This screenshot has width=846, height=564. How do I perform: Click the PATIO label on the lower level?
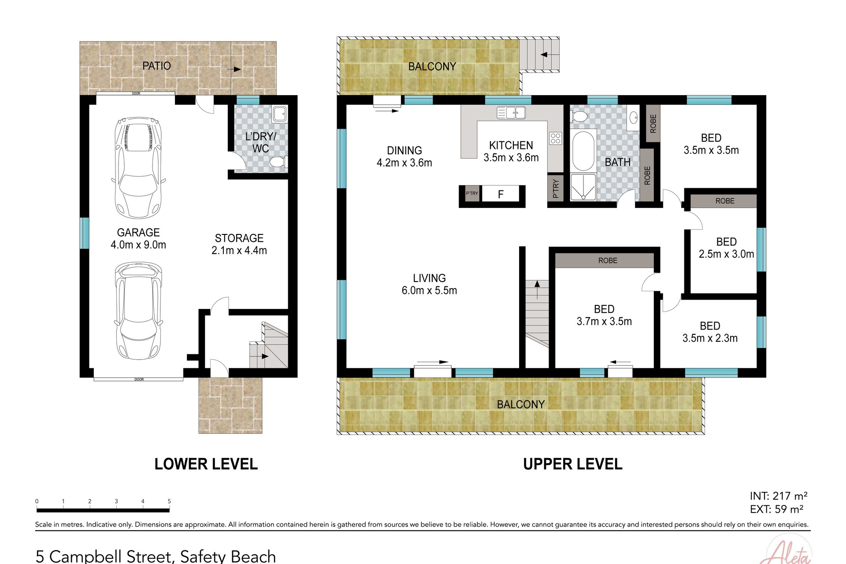(x=156, y=66)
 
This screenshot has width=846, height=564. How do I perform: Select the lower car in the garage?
(x=138, y=311)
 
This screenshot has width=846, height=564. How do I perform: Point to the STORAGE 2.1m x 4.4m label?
(x=239, y=244)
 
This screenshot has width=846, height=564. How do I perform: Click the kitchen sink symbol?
(x=511, y=113)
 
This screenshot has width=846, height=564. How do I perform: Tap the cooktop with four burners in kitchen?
(x=555, y=138)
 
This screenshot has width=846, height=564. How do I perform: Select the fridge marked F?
(x=501, y=194)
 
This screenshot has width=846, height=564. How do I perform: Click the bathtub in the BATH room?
(x=583, y=151)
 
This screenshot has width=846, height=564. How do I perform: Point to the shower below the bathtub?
(x=583, y=187)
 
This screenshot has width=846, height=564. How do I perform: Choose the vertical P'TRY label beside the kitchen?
(x=556, y=189)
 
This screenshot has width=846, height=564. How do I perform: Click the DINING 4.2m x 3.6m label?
(x=404, y=156)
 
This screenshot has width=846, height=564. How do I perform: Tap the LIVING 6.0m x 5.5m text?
(x=429, y=284)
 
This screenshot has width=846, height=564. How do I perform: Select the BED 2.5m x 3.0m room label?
(x=726, y=248)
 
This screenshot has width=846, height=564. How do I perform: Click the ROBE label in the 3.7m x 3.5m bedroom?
(x=608, y=260)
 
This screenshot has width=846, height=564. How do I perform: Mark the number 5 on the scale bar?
(x=169, y=501)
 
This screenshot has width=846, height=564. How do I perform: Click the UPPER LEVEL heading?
(x=572, y=464)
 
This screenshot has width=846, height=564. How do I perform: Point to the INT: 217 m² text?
(x=778, y=496)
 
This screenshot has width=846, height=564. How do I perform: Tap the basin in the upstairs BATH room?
(x=633, y=118)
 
